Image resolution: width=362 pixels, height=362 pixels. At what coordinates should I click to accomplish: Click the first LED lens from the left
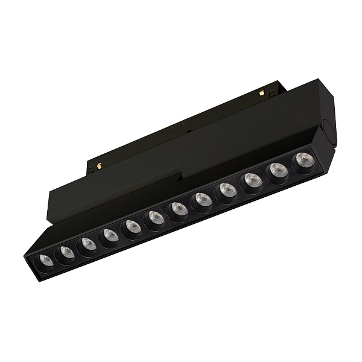tap(45, 260)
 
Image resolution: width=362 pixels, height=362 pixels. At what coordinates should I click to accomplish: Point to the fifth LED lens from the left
tap(132, 226)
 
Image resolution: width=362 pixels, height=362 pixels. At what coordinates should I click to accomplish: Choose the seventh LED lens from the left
tap(179, 209)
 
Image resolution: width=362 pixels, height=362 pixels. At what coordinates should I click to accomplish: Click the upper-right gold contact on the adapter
tap(261, 92)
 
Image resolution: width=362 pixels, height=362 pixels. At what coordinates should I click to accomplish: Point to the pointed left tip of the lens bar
tap(27, 255)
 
